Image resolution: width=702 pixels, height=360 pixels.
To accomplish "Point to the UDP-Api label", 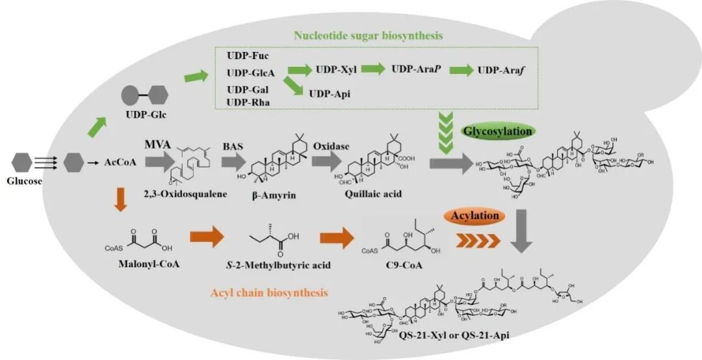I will pyautogui.click(x=330, y=94).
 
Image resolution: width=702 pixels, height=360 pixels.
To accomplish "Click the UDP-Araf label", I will pyautogui.click(x=501, y=70).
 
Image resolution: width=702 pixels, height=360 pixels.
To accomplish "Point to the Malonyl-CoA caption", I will pyautogui.click(x=137, y=266).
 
